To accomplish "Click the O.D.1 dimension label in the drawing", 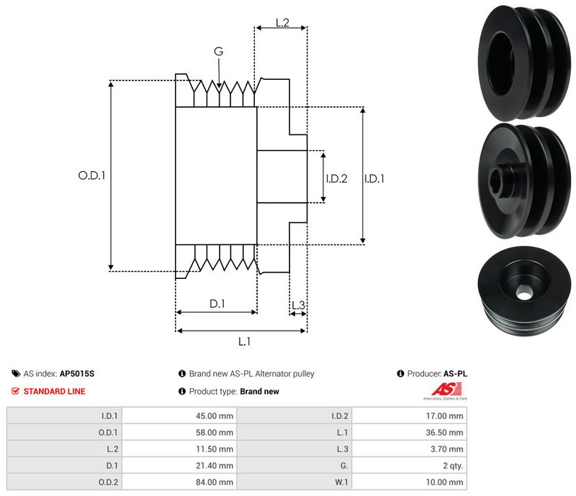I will (91, 175).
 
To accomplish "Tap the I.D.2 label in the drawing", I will (337, 178).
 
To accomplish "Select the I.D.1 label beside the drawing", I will (374, 178).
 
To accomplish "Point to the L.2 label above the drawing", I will (282, 24).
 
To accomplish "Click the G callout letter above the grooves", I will (217, 51).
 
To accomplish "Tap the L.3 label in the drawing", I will (298, 306).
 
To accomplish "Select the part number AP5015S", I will (77, 374).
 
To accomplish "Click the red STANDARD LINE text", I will (54, 392).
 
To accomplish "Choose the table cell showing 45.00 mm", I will (216, 415).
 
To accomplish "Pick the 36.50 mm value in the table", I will (447, 432).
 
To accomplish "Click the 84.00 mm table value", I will (216, 482).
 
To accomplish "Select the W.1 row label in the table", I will (341, 482).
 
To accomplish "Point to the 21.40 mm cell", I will (216, 465).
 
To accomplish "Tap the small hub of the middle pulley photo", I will (499, 178).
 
